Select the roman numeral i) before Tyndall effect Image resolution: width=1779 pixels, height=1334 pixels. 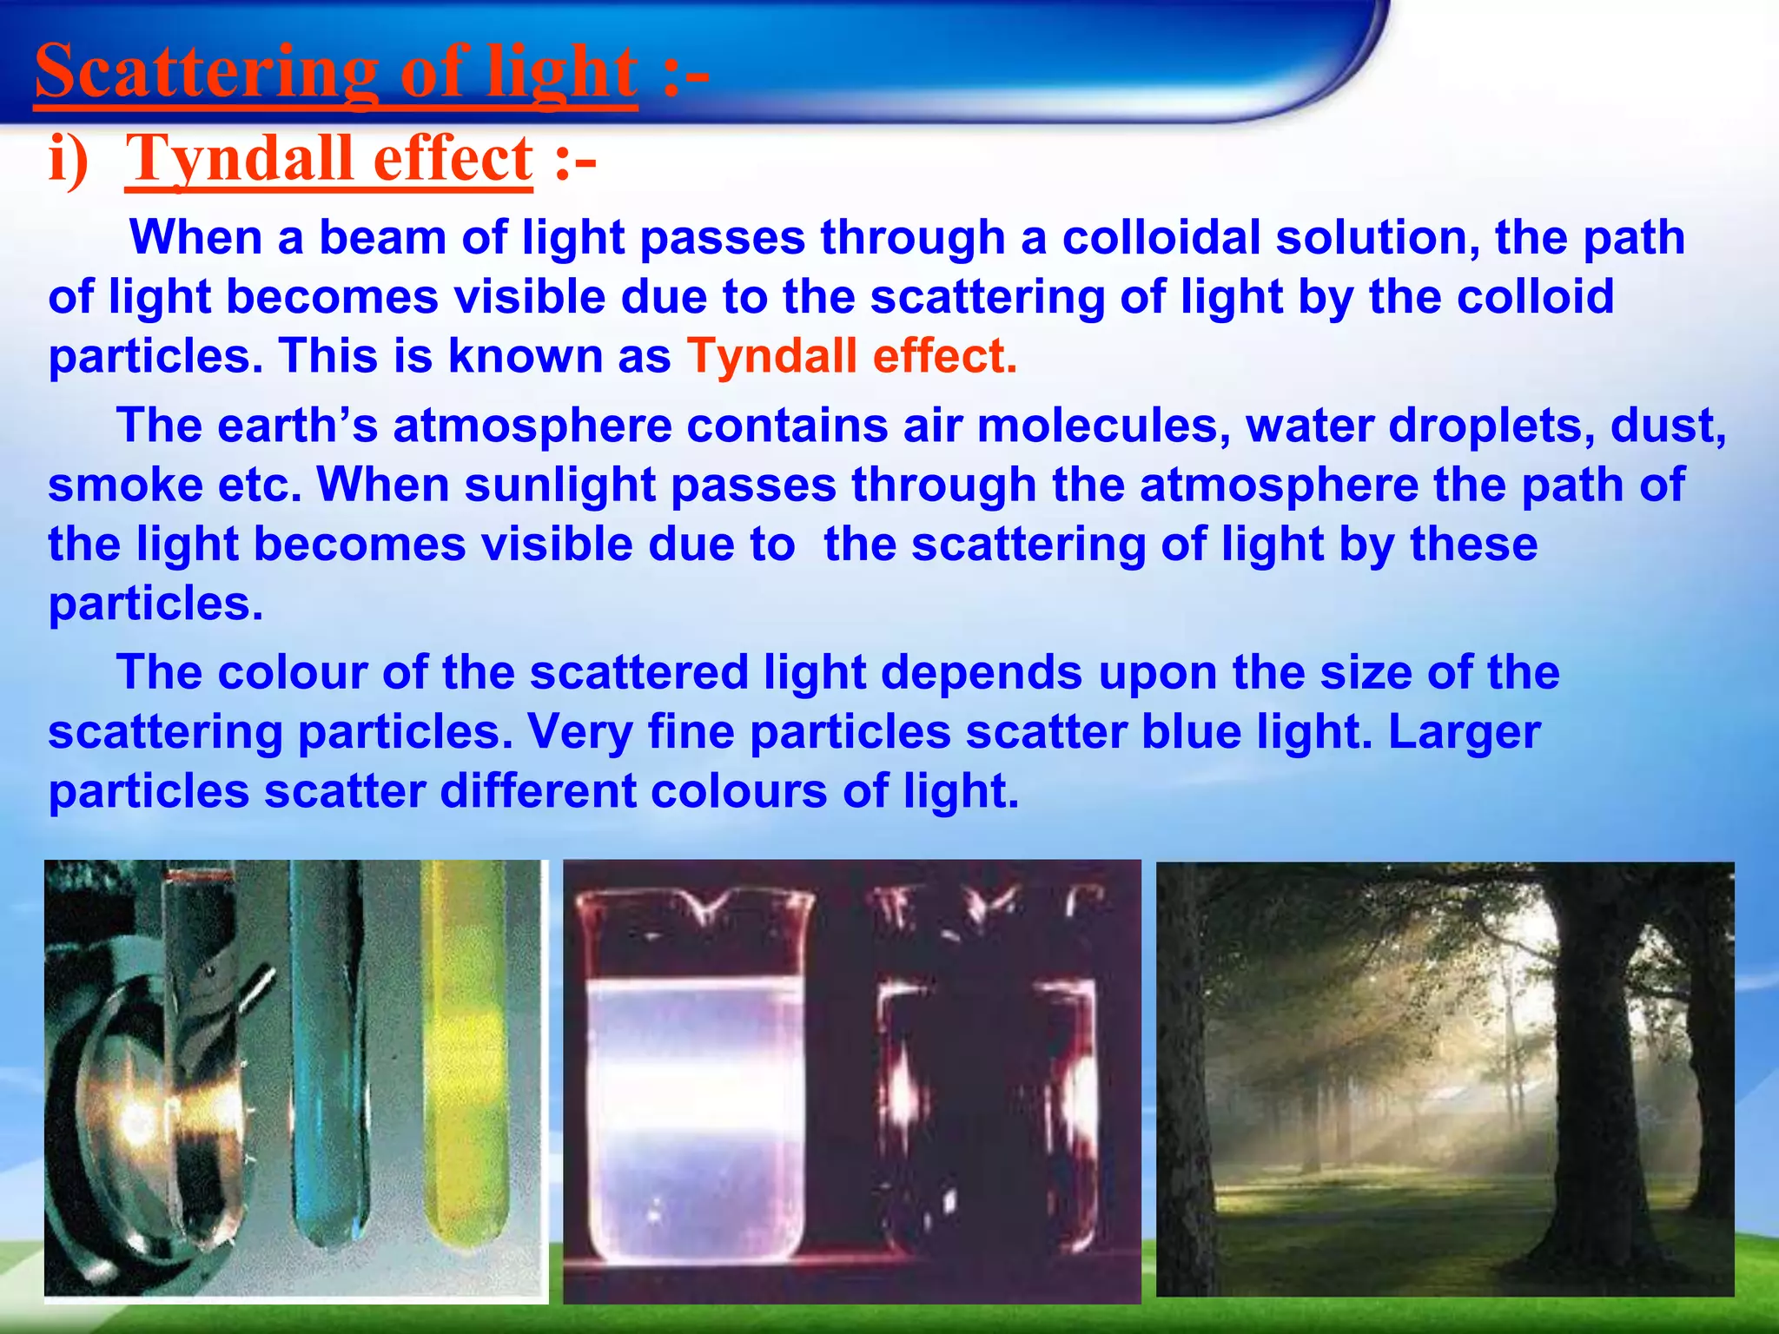coord(69,160)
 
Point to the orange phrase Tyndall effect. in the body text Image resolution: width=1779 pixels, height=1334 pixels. coord(851,356)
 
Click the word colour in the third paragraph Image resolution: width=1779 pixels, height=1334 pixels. coord(291,672)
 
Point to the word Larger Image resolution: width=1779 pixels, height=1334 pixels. coord(1464,731)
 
